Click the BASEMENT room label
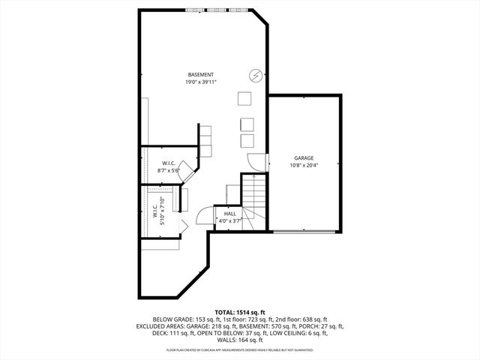click(x=201, y=74)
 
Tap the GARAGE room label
click(x=304, y=157)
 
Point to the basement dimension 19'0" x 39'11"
click(x=201, y=82)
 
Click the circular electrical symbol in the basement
click(x=255, y=75)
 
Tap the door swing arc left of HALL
click(x=203, y=217)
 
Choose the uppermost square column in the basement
click(x=244, y=99)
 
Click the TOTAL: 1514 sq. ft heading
click(x=240, y=311)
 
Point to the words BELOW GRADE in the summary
click(x=169, y=319)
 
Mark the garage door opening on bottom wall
click(x=304, y=229)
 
